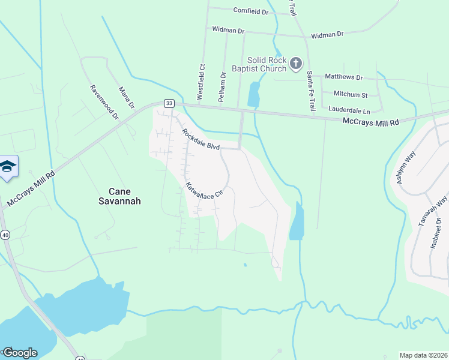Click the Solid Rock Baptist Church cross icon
click(x=295, y=63)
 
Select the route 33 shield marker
click(x=169, y=103)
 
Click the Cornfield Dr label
click(x=247, y=11)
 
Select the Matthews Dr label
click(x=344, y=77)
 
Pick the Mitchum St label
click(x=351, y=94)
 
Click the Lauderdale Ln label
click(x=349, y=110)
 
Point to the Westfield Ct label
click(x=201, y=82)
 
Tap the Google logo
click(x=19, y=352)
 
